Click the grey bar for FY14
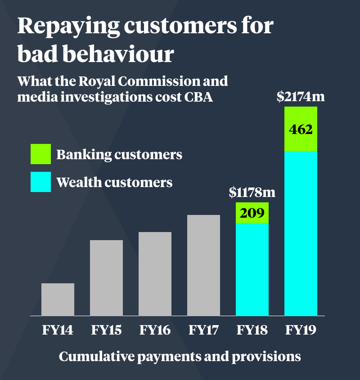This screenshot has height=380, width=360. click(x=58, y=300)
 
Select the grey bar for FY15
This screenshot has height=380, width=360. click(x=106, y=278)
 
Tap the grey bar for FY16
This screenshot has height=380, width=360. click(x=155, y=274)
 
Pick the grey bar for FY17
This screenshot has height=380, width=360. click(x=203, y=265)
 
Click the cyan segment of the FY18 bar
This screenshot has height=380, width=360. click(x=252, y=269)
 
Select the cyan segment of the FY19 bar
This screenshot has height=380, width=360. click(x=301, y=233)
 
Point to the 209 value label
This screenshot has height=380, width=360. click(x=252, y=213)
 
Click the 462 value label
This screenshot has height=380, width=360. click(x=301, y=130)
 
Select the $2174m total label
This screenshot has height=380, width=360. click(x=301, y=96)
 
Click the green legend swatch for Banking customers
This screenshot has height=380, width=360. click(x=40, y=154)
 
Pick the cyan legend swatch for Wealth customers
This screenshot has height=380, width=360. click(x=40, y=182)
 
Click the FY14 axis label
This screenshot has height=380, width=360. click(x=58, y=331)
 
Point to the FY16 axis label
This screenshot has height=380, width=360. click(x=155, y=331)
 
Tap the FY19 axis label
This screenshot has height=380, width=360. click(x=301, y=331)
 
